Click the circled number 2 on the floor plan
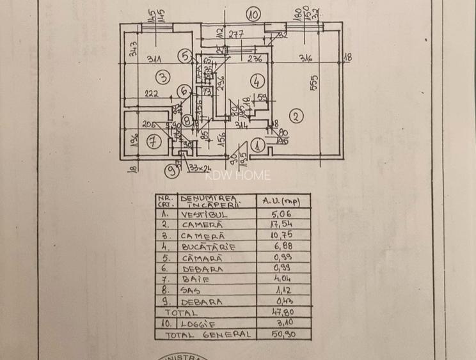(x=295, y=116)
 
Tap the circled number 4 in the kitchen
(x=257, y=81)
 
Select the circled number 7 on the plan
(x=152, y=142)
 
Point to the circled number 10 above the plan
(x=254, y=13)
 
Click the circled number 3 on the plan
(x=163, y=77)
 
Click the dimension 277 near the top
(x=236, y=35)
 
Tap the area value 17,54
(x=281, y=225)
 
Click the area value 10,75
(x=281, y=236)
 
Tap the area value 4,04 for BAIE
(x=281, y=279)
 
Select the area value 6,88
(x=281, y=247)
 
